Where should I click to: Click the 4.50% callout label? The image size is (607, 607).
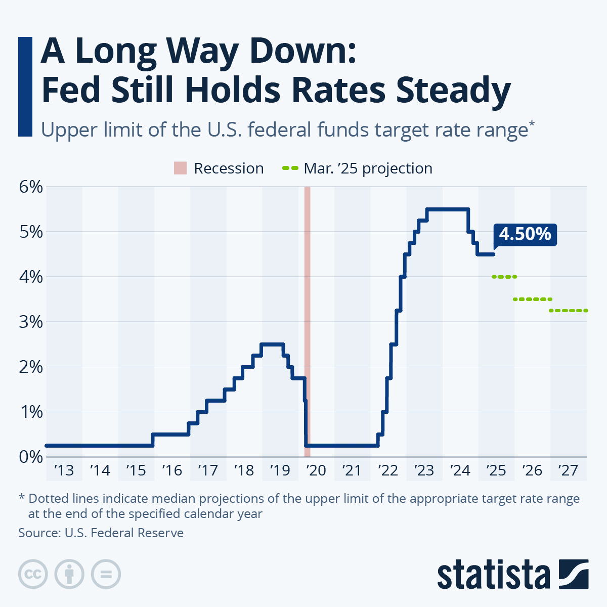525,234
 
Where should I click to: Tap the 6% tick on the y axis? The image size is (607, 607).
30,187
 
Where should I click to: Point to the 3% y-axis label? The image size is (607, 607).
30,322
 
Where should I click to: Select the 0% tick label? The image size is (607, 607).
30,456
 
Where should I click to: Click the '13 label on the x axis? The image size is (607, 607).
64,470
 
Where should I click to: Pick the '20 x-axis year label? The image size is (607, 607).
316,470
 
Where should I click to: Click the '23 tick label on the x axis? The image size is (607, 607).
424,470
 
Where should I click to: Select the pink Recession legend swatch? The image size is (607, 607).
181,168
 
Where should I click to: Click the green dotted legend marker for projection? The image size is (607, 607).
290,168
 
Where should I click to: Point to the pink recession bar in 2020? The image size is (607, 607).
307,303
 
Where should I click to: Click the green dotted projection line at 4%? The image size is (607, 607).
504,277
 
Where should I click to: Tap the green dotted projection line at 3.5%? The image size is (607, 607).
532,299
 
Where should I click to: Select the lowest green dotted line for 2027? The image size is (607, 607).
568,311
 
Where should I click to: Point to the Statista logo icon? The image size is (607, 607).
574,574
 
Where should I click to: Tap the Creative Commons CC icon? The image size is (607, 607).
33,574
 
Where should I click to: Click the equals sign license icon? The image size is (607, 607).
106,574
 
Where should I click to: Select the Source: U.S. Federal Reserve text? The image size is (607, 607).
101,533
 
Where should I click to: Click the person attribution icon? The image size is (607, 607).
69,574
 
